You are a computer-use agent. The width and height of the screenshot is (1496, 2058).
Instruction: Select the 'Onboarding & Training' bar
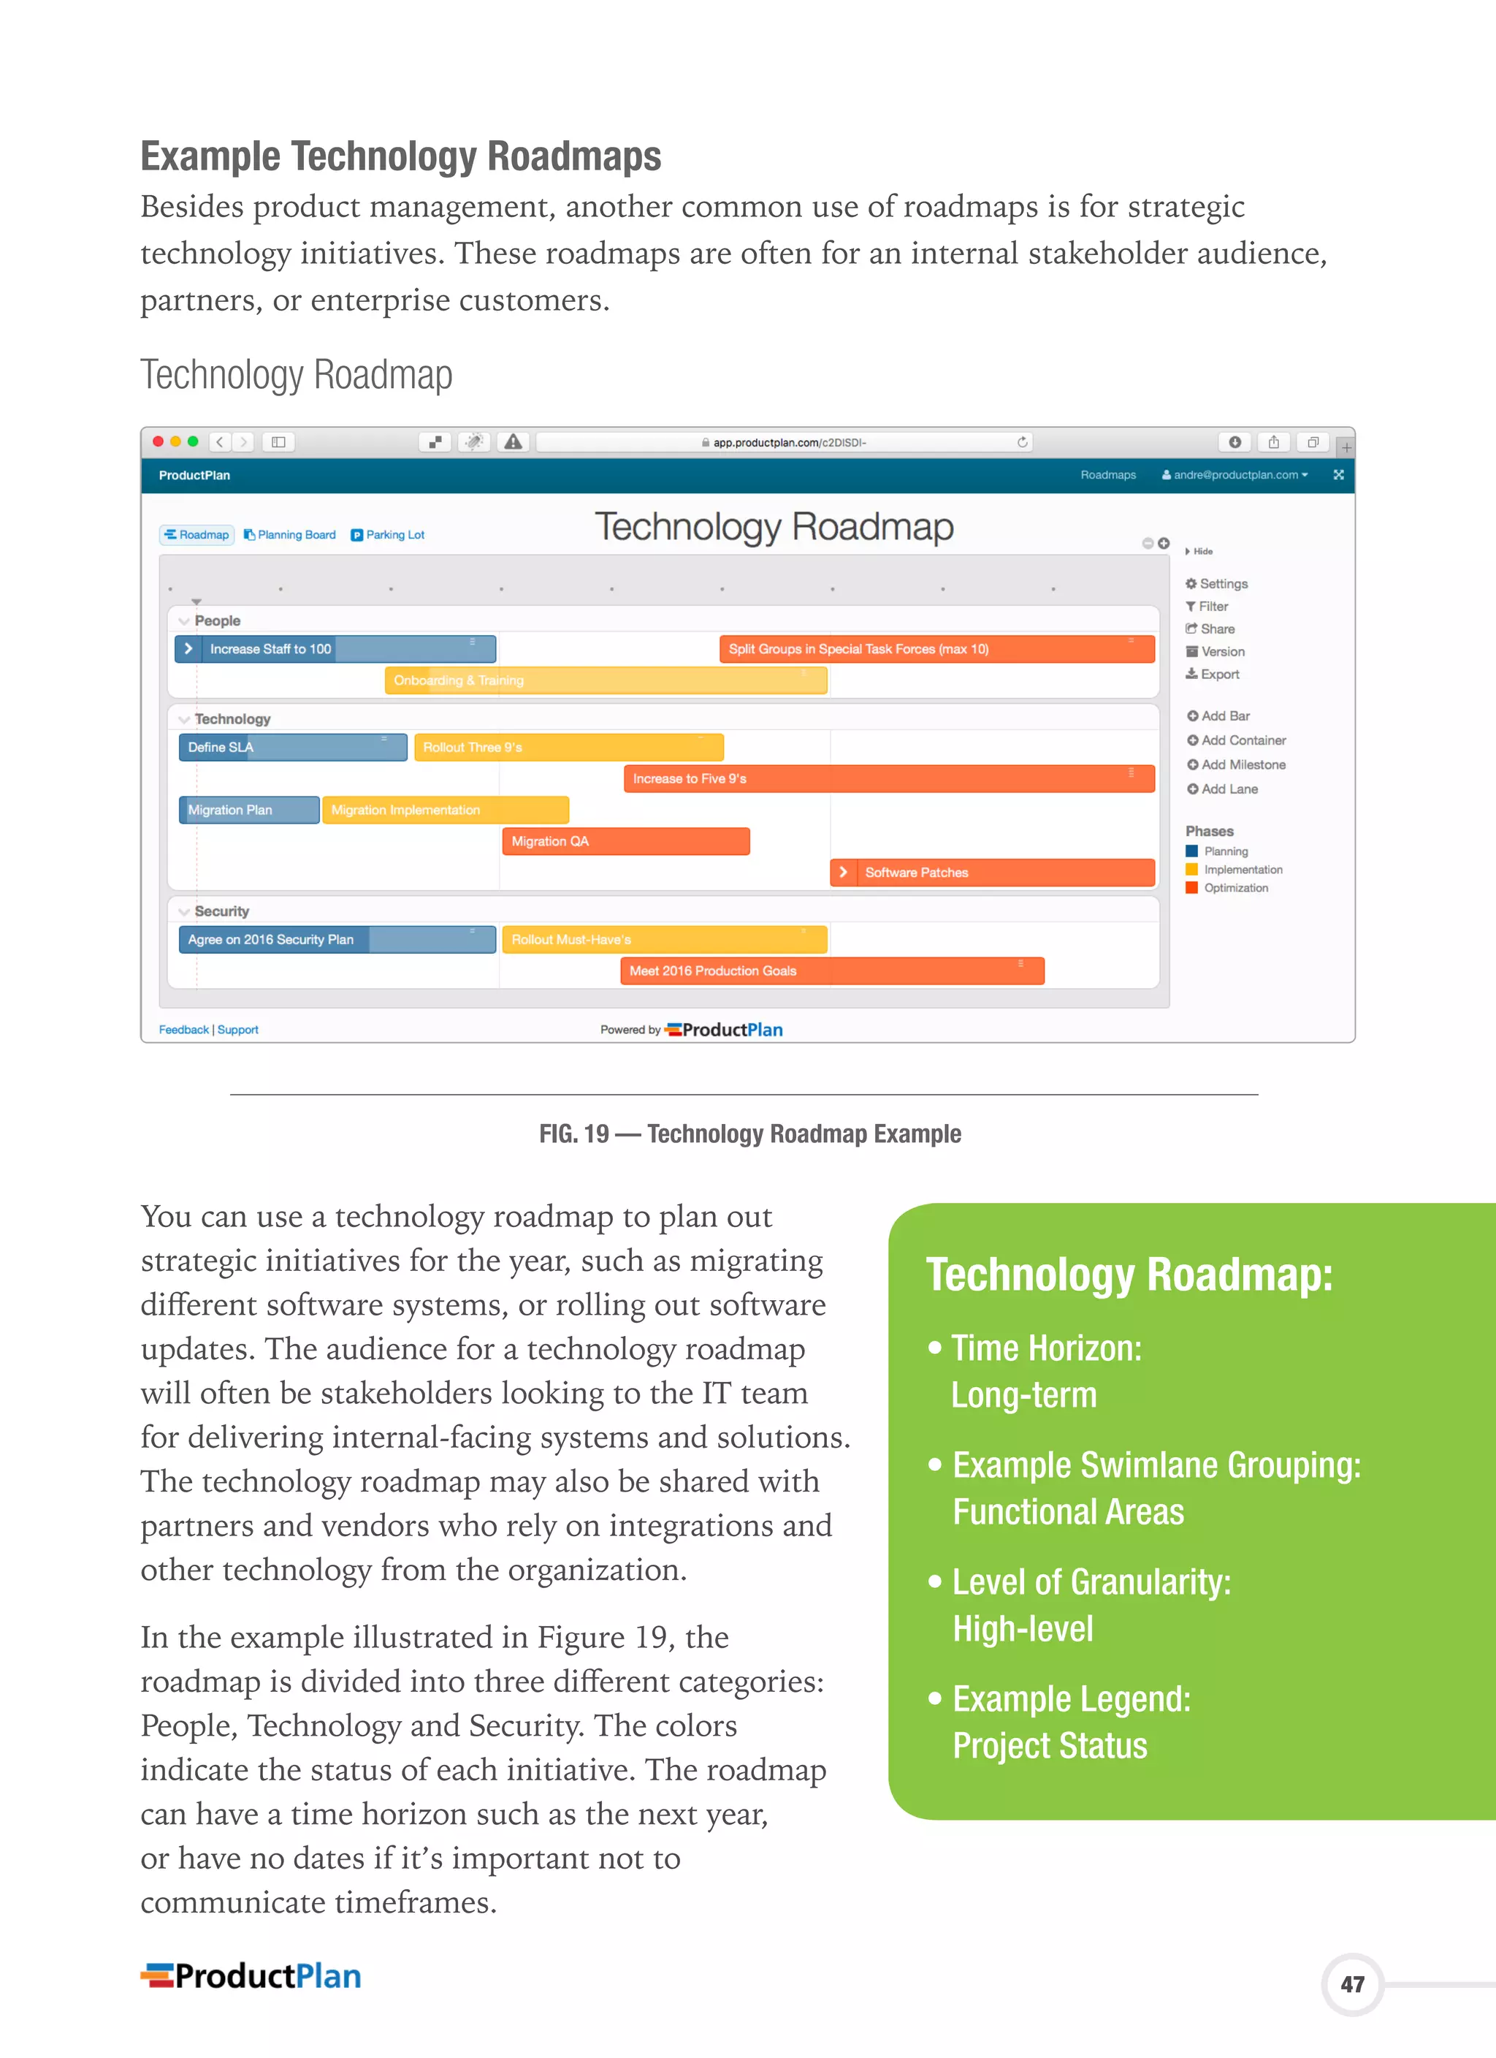[605, 680]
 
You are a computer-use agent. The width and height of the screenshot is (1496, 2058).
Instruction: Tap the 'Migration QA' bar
[625, 841]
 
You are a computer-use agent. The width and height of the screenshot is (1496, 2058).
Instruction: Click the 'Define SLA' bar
[292, 747]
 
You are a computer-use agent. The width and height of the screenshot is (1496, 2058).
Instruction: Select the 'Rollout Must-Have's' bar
[664, 939]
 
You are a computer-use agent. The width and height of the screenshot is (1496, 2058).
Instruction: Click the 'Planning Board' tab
[289, 534]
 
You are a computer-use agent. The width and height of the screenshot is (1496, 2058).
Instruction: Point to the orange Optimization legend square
[1192, 887]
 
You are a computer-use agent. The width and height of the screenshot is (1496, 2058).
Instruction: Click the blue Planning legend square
[1192, 851]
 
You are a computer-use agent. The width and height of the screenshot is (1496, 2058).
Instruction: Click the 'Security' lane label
[221, 911]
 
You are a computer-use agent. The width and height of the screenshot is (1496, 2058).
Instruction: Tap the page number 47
[1352, 1984]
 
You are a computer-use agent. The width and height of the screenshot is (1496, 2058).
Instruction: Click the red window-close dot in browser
[158, 442]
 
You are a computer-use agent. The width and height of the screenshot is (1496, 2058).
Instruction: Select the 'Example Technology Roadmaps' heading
[400, 156]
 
